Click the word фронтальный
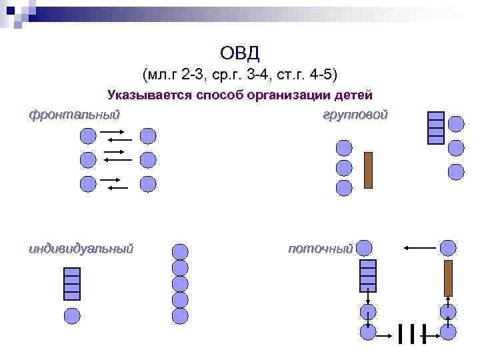pyautogui.click(x=74, y=114)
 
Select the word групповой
pyautogui.click(x=355, y=115)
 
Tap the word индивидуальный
pyautogui.click(x=81, y=249)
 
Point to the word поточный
pyautogui.click(x=320, y=249)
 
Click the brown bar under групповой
pyautogui.click(x=368, y=171)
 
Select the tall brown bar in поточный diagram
pyautogui.click(x=449, y=278)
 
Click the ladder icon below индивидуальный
pyautogui.click(x=71, y=283)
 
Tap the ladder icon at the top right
pyautogui.click(x=435, y=127)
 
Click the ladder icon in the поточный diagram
pyautogui.click(x=368, y=275)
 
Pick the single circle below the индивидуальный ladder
pyautogui.click(x=71, y=316)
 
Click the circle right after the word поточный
pyautogui.click(x=364, y=249)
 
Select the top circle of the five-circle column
pyautogui.click(x=180, y=251)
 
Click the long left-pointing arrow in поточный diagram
pyautogui.click(x=419, y=249)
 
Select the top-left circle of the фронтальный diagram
pyautogui.click(x=88, y=137)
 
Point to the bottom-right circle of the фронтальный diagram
pyautogui.click(x=148, y=184)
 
